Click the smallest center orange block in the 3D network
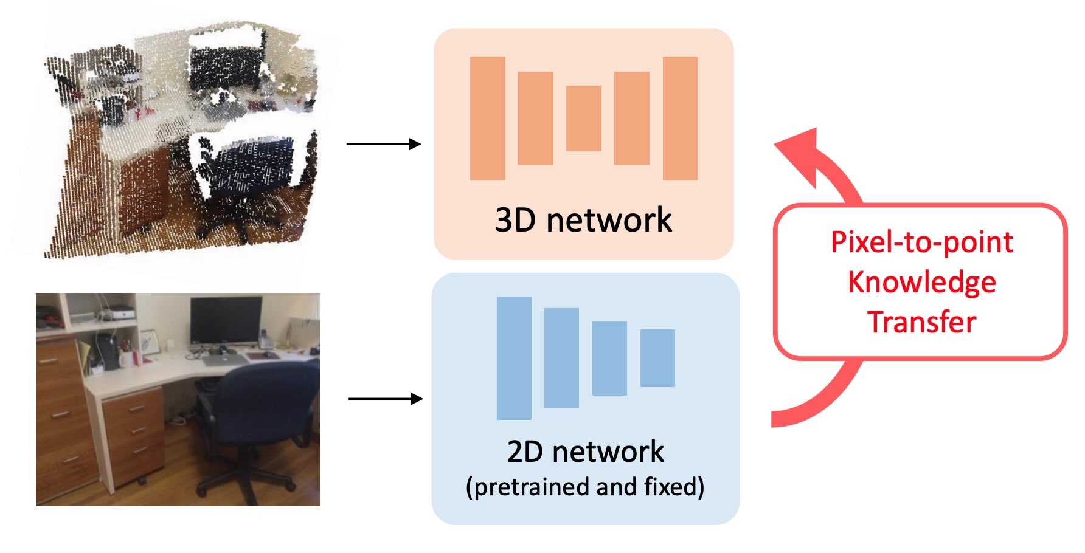[583, 118]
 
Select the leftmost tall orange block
[487, 118]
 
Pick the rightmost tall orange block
[679, 118]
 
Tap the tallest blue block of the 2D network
[514, 358]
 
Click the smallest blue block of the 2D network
[657, 358]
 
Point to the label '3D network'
[583, 220]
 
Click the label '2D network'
[585, 452]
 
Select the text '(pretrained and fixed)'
[585, 487]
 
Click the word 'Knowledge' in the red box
[921, 282]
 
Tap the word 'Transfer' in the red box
[921, 322]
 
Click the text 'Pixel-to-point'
[921, 242]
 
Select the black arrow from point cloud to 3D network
[383, 144]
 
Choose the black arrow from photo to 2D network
[385, 399]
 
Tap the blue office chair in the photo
[262, 407]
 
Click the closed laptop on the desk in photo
[224, 360]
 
